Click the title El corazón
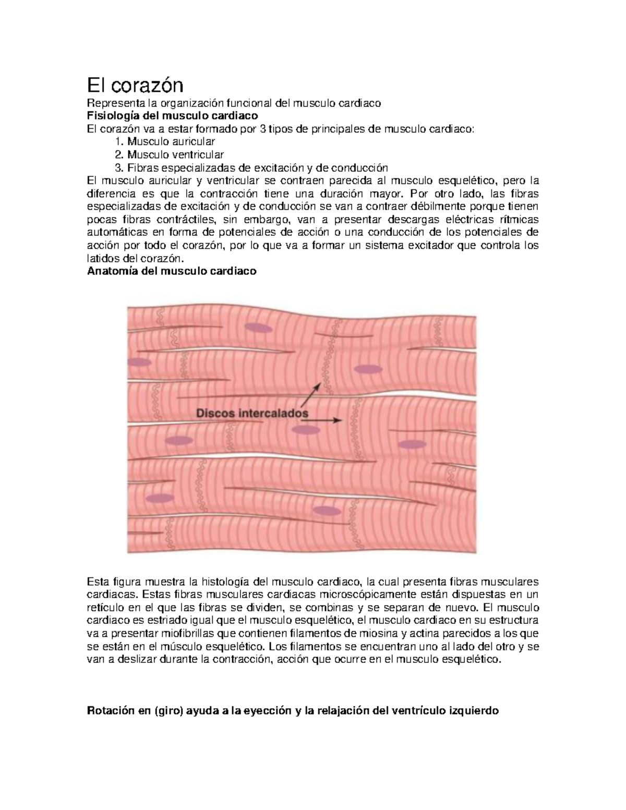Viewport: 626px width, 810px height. (x=135, y=83)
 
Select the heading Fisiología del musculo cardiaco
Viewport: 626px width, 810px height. (x=172, y=116)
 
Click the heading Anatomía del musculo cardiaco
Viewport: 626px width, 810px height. (x=172, y=271)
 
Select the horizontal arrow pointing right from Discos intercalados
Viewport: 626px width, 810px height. (x=329, y=419)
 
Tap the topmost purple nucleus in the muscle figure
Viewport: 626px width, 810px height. (x=260, y=328)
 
